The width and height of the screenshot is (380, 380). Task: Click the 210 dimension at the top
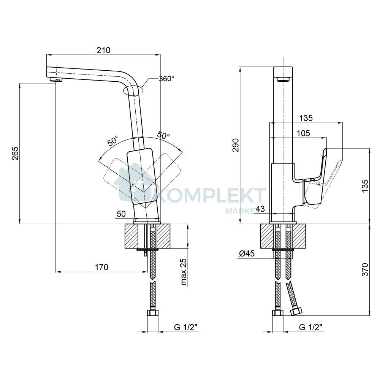pos(103,50)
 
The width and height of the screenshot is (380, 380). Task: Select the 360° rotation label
pos(166,79)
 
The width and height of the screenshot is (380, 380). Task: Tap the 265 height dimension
pos(15,153)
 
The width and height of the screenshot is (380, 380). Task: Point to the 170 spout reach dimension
pos(101,267)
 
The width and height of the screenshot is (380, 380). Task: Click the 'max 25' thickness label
pos(184,271)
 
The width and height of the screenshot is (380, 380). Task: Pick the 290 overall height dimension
pos(236,145)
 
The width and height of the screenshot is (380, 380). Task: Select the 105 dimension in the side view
pos(303,133)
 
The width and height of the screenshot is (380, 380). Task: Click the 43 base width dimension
pos(261,209)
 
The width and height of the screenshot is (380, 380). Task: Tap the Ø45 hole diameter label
pos(247,253)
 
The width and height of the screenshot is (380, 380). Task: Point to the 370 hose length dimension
pos(365,269)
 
